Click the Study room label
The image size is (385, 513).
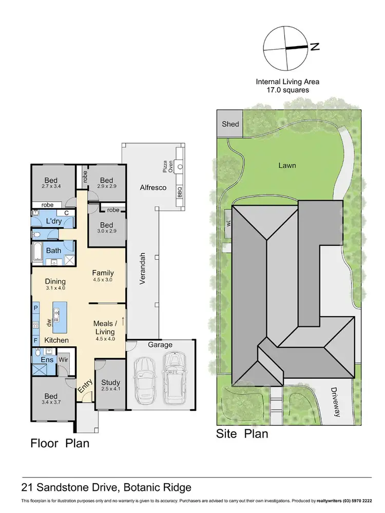(110, 382)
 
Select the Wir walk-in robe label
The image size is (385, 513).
(64, 360)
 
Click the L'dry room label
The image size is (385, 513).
(54, 221)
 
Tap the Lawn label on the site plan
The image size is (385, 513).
(287, 166)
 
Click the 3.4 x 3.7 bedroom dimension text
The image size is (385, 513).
(50, 403)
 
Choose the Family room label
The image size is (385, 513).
(103, 273)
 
